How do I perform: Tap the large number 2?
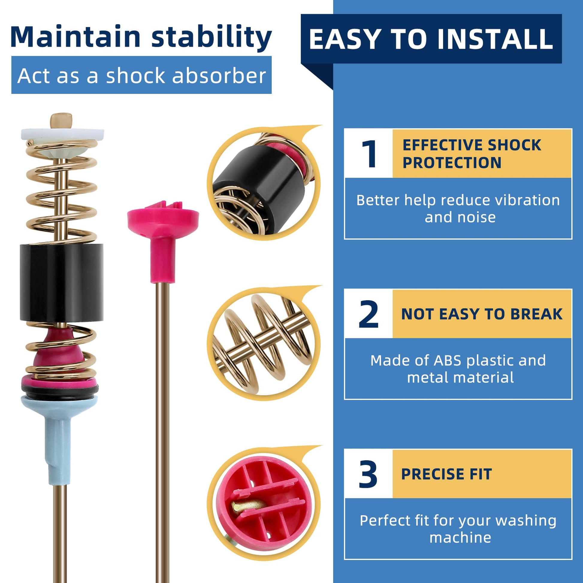click(368, 314)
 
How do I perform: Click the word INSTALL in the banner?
click(495, 39)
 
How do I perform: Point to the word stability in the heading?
click(212, 37)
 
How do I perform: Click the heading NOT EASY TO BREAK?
click(482, 314)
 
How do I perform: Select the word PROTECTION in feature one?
click(452, 163)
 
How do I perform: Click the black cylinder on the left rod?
click(62, 283)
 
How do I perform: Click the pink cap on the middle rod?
click(163, 238)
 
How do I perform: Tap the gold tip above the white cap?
click(61, 120)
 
